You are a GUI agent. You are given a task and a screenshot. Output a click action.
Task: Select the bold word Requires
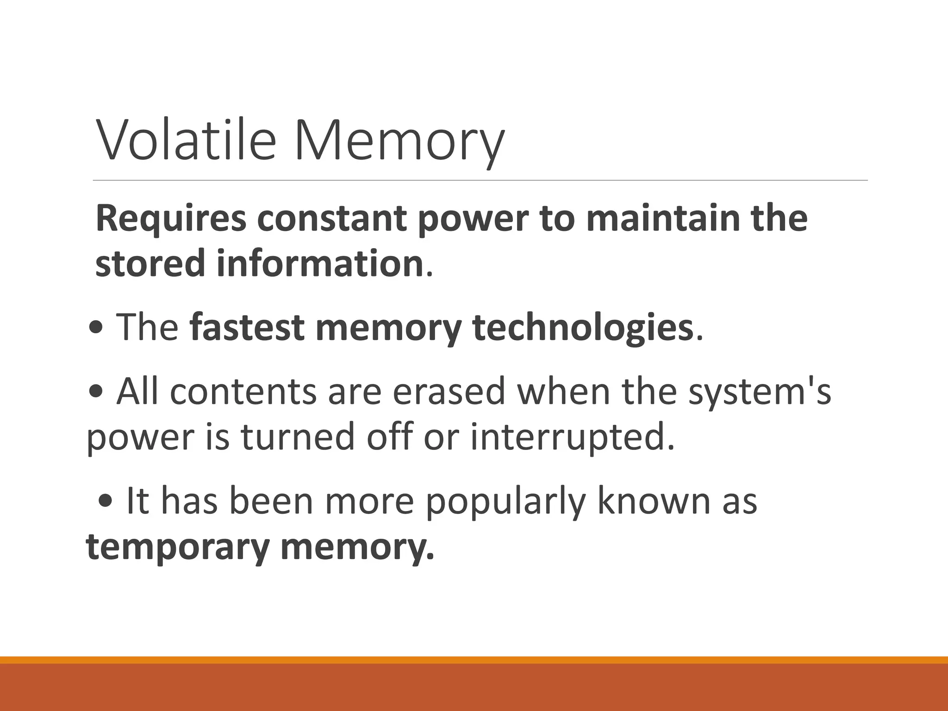[x=171, y=219]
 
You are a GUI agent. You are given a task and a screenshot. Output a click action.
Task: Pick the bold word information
[x=320, y=263]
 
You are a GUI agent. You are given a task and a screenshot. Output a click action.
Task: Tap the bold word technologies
[x=582, y=327]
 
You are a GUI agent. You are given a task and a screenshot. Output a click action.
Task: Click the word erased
[x=449, y=392]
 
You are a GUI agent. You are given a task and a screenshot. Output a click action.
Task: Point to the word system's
[x=760, y=392]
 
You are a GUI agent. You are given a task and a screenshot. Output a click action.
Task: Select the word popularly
[x=505, y=501]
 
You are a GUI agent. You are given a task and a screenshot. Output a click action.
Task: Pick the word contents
[x=243, y=392]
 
